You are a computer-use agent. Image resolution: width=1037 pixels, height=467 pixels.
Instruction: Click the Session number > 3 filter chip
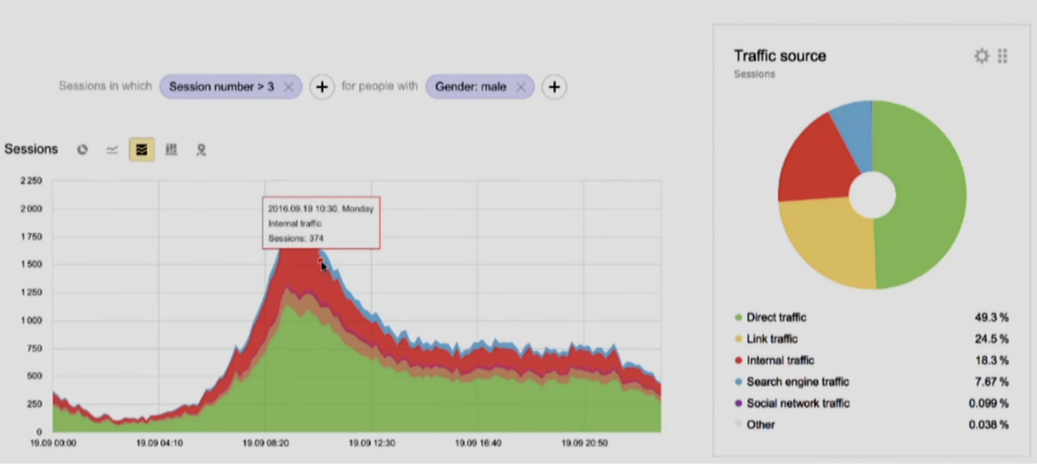click(221, 87)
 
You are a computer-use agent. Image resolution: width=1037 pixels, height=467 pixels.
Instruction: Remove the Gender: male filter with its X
click(521, 87)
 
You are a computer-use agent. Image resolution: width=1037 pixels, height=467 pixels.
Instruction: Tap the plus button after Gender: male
click(554, 87)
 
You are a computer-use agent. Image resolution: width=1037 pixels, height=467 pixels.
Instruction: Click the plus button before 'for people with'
click(322, 87)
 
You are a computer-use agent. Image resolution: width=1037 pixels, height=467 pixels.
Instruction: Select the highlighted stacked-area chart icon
click(141, 150)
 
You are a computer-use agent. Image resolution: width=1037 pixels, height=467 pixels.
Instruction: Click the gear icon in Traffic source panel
click(981, 56)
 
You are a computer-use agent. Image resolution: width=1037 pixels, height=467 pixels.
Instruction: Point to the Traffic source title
click(780, 56)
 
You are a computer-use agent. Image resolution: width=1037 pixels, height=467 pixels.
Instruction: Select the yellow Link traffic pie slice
click(829, 244)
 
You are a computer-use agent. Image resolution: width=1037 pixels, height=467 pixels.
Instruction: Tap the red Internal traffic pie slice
click(813, 164)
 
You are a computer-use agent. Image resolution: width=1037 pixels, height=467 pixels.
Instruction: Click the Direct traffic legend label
click(776, 317)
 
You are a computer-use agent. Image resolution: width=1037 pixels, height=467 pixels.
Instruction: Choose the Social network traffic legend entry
click(798, 403)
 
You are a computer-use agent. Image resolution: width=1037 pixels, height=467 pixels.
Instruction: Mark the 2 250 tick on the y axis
click(31, 181)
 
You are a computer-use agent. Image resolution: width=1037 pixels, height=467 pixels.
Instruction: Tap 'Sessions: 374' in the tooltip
click(296, 238)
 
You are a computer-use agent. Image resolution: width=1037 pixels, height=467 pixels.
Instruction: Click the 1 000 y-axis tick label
click(31, 320)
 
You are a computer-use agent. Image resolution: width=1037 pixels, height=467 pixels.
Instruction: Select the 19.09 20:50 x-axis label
click(583, 443)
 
